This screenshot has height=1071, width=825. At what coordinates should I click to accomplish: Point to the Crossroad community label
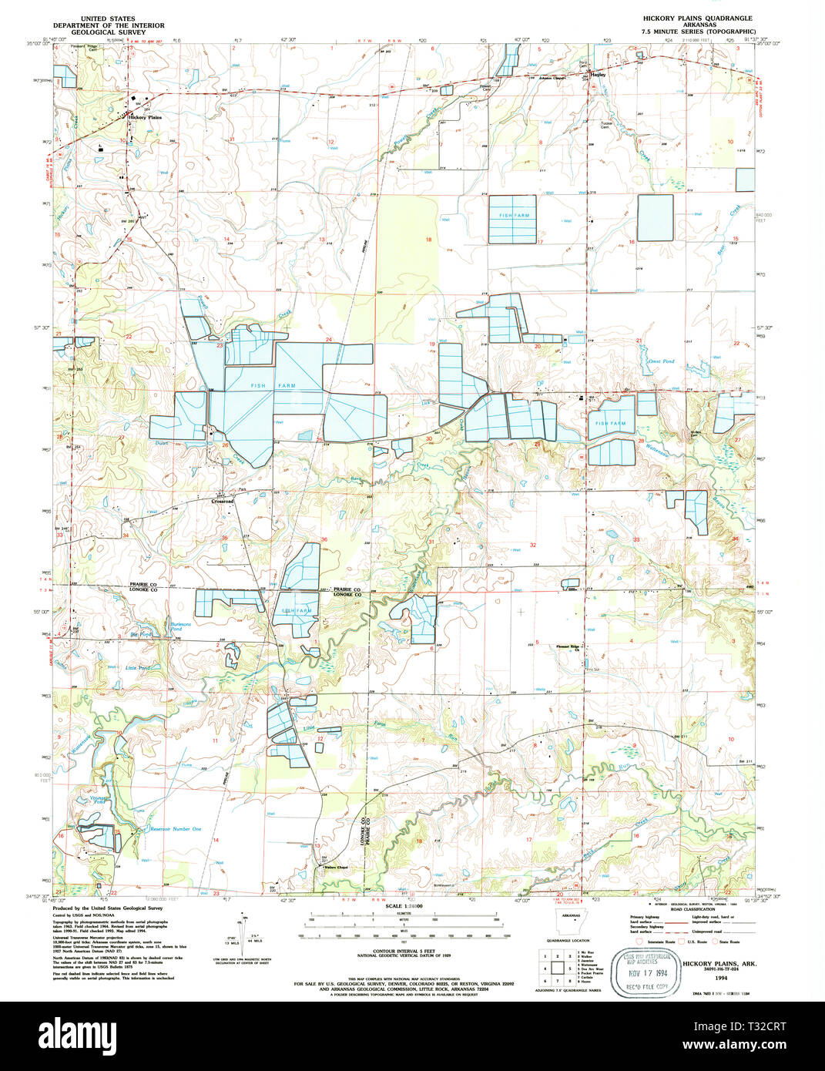click(x=222, y=501)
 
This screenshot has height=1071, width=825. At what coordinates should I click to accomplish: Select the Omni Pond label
click(x=660, y=361)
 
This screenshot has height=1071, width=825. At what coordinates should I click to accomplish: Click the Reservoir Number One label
click(x=175, y=829)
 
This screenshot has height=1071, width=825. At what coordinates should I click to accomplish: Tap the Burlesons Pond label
click(x=181, y=626)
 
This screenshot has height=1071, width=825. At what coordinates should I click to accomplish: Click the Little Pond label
click(x=138, y=668)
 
